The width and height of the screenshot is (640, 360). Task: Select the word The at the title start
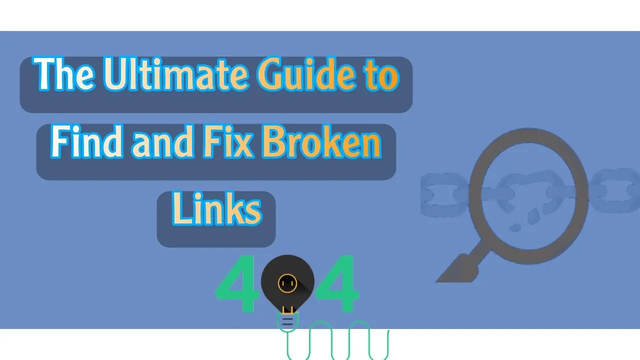pyautogui.click(x=65, y=75)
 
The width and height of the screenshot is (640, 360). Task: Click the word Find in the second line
pyautogui.click(x=86, y=143)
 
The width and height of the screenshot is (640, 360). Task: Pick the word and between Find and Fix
pyautogui.click(x=162, y=143)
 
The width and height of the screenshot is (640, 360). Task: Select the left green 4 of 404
pyautogui.click(x=236, y=285)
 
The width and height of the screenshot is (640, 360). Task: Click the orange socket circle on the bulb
pyautogui.click(x=287, y=283)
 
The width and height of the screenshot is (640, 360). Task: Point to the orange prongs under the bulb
pyautogui.click(x=287, y=309)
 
